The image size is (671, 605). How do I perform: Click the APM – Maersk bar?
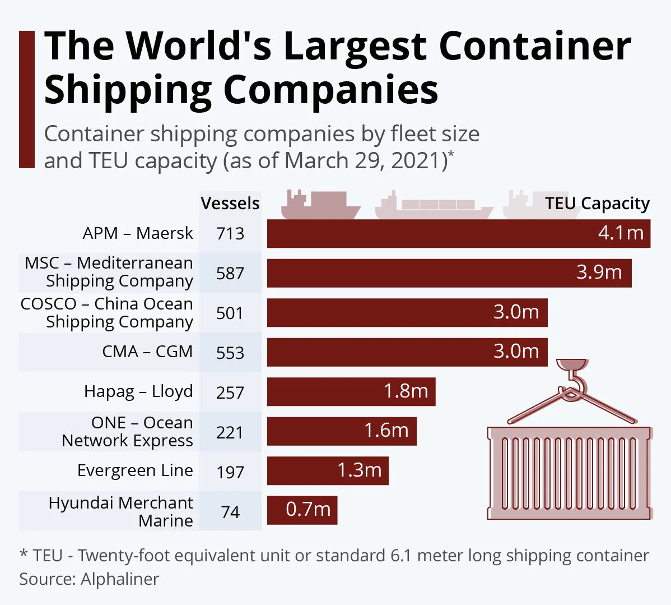pos(458,233)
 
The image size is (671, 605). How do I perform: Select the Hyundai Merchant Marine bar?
pos(302,510)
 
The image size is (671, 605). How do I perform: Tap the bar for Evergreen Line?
pos(328,470)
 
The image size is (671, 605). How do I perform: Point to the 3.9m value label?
pos(599,273)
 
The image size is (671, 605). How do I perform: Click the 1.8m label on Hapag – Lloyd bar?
pos(406,391)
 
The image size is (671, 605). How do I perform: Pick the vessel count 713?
pos(230,233)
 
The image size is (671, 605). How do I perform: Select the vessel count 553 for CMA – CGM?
pos(230,353)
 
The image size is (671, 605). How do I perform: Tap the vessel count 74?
pos(230,512)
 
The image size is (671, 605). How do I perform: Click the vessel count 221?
pos(230,432)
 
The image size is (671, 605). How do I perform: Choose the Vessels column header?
pos(230,204)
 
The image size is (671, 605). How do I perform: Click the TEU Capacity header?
pos(597,204)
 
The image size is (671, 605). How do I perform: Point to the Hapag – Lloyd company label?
pos(138,391)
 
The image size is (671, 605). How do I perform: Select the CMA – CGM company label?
pos(147,352)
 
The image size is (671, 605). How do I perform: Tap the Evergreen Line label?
pos(135,470)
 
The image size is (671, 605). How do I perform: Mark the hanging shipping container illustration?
pos(569,473)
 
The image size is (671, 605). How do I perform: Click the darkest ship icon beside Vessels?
pos(319,206)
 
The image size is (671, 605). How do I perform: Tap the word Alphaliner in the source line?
pos(120,579)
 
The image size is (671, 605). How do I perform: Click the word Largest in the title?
pos(355,46)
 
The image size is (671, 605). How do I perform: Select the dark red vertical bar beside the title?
pos(27,100)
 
